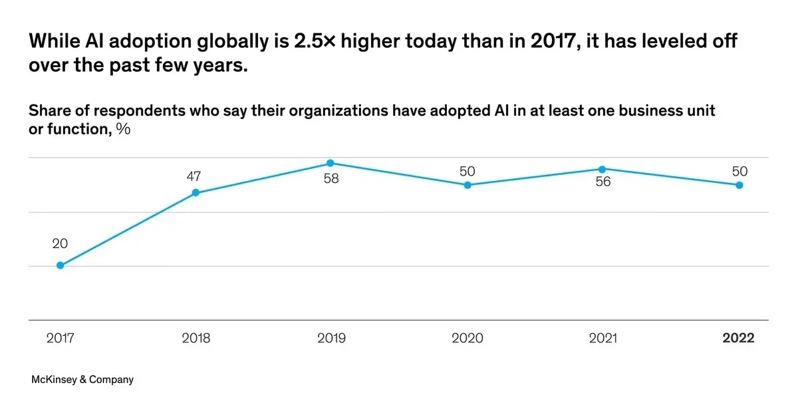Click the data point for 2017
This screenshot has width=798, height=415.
coord(60,265)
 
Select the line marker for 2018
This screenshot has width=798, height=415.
coord(196,193)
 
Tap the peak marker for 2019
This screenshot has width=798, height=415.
coord(331,164)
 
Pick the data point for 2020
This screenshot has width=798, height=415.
coord(467,185)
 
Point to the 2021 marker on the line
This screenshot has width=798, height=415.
coord(602,169)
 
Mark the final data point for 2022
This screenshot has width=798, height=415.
coord(739,185)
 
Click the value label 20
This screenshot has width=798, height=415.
coord(60,244)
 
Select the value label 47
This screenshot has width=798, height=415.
coord(194,176)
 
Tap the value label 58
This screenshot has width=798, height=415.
coord(331,180)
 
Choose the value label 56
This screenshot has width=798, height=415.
coord(602,182)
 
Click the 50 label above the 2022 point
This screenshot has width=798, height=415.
coord(739,172)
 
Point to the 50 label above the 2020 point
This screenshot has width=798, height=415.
coord(467,172)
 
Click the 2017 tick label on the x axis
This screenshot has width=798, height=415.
coord(60,339)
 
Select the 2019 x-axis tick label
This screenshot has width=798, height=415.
coord(331,339)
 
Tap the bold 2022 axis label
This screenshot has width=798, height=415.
coord(739,339)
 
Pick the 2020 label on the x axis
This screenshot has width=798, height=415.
coord(467,339)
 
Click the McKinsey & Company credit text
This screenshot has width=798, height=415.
coord(82,380)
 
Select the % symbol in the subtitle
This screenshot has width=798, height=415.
coord(123,129)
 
